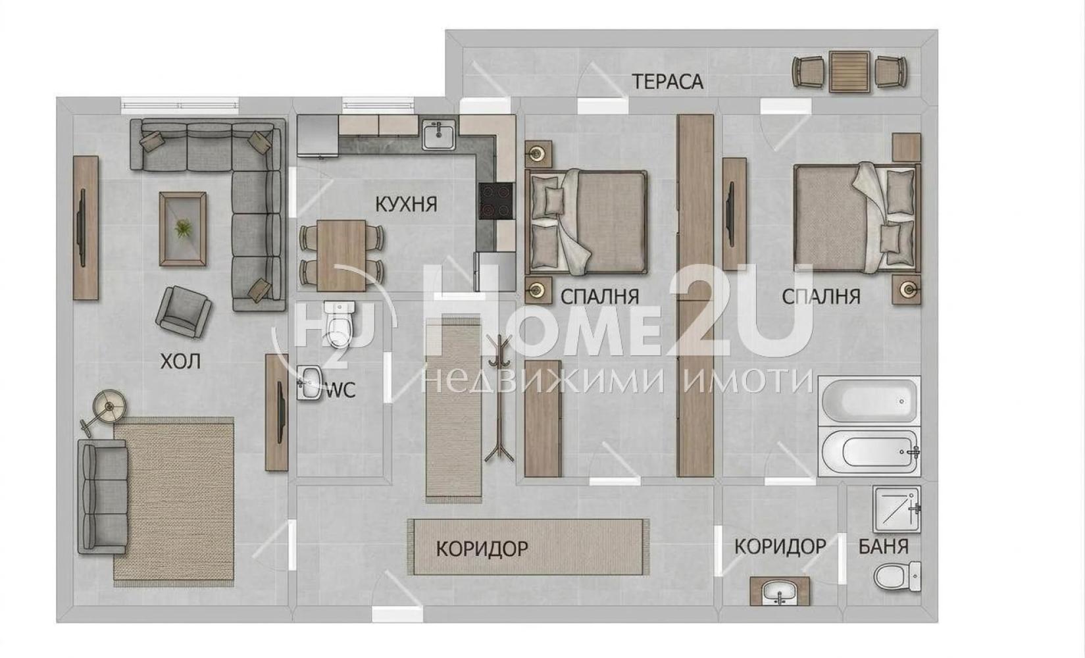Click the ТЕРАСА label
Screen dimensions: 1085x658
(667, 82)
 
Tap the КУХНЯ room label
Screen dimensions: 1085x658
(406, 205)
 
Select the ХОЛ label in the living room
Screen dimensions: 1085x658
(180, 361)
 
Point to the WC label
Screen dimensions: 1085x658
(341, 390)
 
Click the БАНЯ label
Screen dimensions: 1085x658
(884, 547)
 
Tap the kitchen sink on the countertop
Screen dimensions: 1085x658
(439, 135)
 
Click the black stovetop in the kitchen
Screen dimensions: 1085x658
(497, 201)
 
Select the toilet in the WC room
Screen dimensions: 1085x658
(340, 324)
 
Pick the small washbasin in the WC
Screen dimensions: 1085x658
(309, 383)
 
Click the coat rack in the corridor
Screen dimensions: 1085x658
(499, 397)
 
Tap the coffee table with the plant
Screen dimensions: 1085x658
(183, 229)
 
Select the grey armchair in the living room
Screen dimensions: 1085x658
(183, 311)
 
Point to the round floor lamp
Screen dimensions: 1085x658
(109, 406)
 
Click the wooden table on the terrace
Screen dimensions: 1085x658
(849, 72)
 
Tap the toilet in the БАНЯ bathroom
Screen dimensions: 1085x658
(897, 576)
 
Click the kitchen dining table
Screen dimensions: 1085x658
(341, 255)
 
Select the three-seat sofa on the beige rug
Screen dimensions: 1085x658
(103, 497)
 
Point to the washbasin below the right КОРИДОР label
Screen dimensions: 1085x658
(780, 591)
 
